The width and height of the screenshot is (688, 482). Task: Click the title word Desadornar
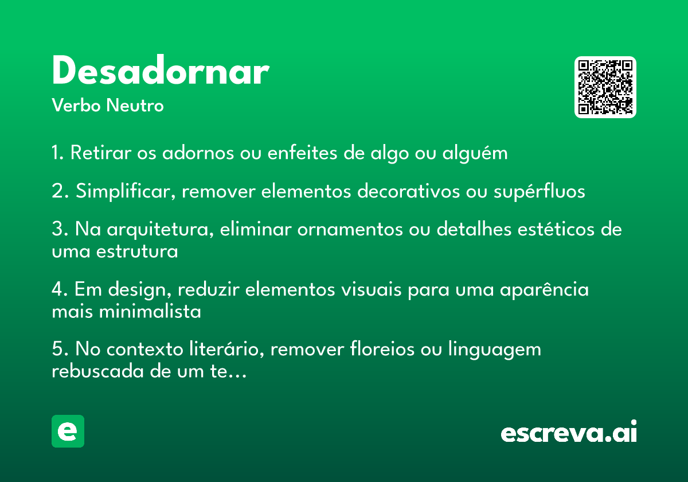pos(161,70)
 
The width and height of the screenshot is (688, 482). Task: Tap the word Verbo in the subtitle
pos(76,105)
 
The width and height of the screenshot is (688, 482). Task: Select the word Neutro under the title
pos(135,105)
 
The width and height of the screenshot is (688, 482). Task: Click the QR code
pos(605,87)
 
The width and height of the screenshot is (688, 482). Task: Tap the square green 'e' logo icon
pos(68,431)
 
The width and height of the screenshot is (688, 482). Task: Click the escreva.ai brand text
pos(569,432)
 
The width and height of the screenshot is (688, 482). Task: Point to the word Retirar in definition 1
pos(101,152)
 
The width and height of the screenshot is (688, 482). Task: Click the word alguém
pos(475,153)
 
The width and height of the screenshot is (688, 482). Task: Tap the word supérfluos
pos(540,191)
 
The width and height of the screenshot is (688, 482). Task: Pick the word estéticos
pos(556,229)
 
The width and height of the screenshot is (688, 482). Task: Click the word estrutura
pos(137,251)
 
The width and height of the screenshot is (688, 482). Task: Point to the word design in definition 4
pos(139,290)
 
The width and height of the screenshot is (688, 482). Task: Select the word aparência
pos(544,290)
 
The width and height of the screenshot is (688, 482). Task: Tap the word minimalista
pos(150,312)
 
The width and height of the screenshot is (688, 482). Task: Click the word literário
pos(226,349)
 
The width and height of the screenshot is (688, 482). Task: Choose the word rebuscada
pos(97,371)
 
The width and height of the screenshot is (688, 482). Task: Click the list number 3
pos(58,229)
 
